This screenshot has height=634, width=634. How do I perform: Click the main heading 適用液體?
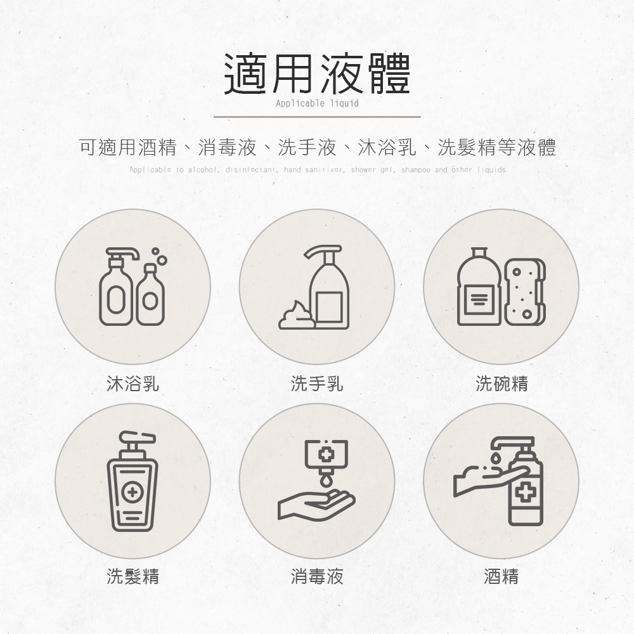[x=318, y=74]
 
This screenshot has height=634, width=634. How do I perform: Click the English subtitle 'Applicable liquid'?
[x=317, y=103]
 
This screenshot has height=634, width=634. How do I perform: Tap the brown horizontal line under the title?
[x=317, y=117]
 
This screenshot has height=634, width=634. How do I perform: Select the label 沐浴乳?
[x=133, y=383]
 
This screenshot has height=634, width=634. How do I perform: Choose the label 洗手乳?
[x=317, y=383]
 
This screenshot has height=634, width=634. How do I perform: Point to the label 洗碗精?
[x=501, y=383]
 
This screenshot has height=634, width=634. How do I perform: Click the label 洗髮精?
[x=133, y=576]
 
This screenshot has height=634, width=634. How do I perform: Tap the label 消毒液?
[x=317, y=576]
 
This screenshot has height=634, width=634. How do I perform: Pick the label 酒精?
[x=501, y=576]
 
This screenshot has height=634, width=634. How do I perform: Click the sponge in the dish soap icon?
[x=525, y=292]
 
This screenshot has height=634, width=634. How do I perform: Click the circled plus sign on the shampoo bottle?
[x=132, y=492]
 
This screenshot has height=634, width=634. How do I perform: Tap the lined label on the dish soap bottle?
[x=479, y=299]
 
